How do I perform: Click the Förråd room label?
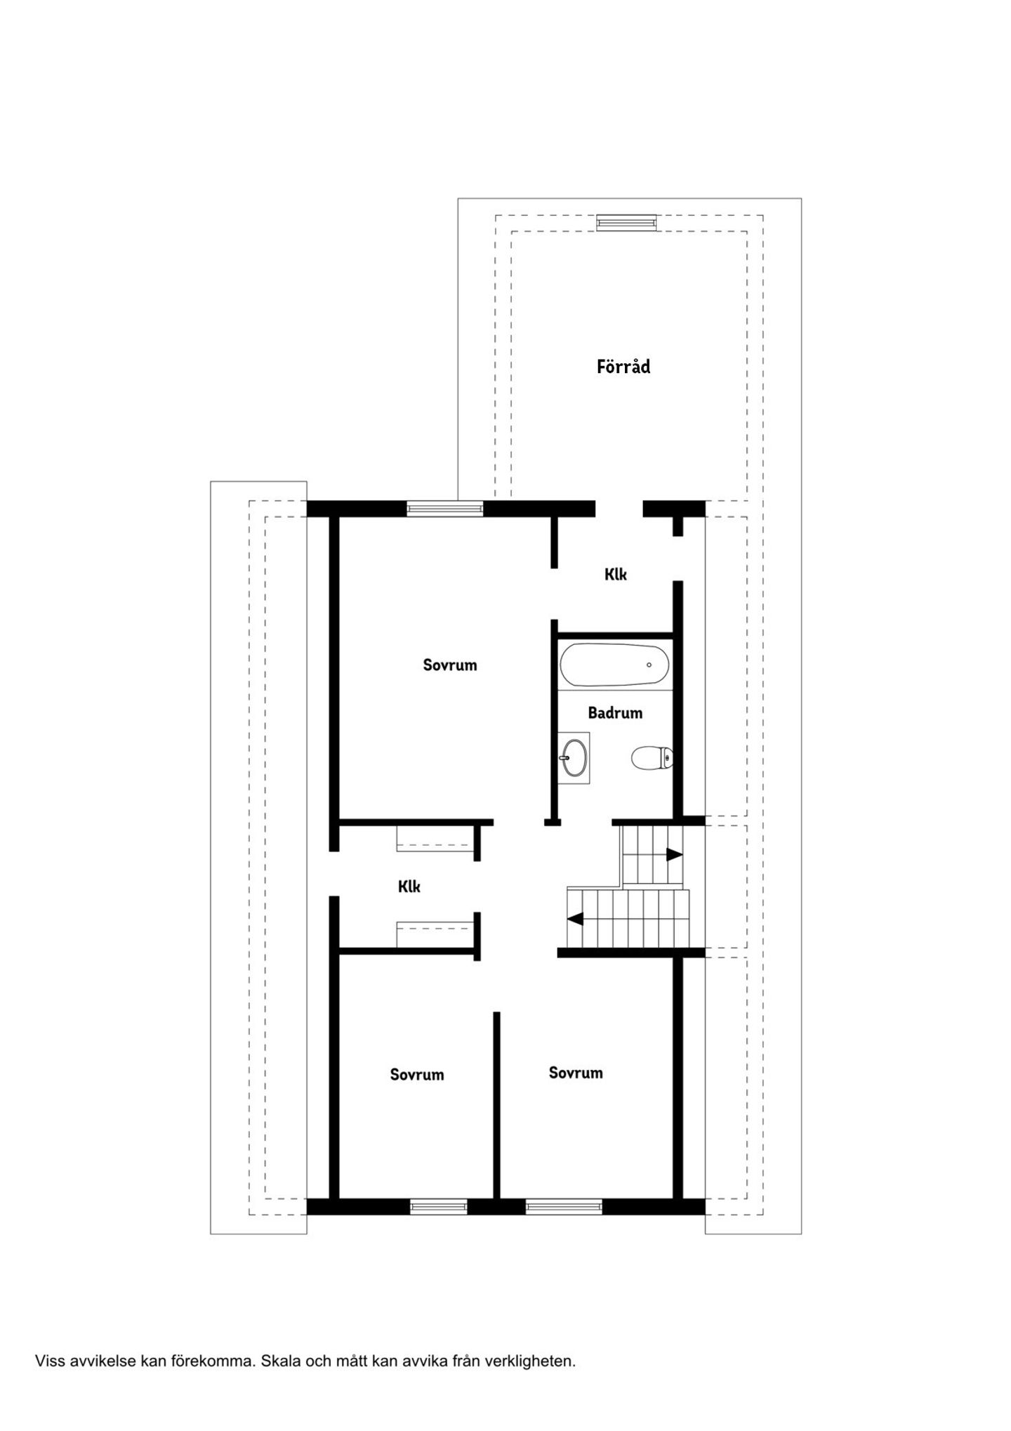(x=623, y=366)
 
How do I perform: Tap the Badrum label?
(x=615, y=713)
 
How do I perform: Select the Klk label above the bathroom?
(x=616, y=575)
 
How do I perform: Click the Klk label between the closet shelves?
(x=409, y=887)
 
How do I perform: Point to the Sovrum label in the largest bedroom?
(x=450, y=665)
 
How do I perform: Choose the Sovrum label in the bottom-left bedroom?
(x=417, y=1074)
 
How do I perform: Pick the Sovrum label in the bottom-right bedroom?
(x=576, y=1073)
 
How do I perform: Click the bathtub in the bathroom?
(x=614, y=665)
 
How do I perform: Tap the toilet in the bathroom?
(x=652, y=758)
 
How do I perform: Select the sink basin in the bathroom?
(x=574, y=757)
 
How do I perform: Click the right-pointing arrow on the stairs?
(x=674, y=855)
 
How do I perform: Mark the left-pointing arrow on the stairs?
(x=575, y=918)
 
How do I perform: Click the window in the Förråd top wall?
(x=626, y=223)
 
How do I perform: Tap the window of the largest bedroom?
(x=445, y=508)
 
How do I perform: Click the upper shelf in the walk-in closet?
(x=435, y=839)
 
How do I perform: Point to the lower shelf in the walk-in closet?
(x=435, y=934)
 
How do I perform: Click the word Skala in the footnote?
(x=281, y=1361)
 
